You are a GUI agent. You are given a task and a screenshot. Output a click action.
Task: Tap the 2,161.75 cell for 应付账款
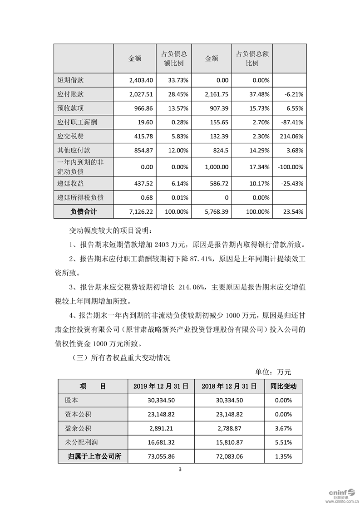tap(216, 94)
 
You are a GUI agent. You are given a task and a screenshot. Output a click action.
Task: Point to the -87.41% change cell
tap(290, 122)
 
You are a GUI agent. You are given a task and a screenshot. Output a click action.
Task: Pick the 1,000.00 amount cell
tap(215, 167)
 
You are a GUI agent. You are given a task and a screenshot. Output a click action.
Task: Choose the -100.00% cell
tap(289, 167)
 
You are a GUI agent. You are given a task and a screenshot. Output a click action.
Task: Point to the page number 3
tap(180, 469)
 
